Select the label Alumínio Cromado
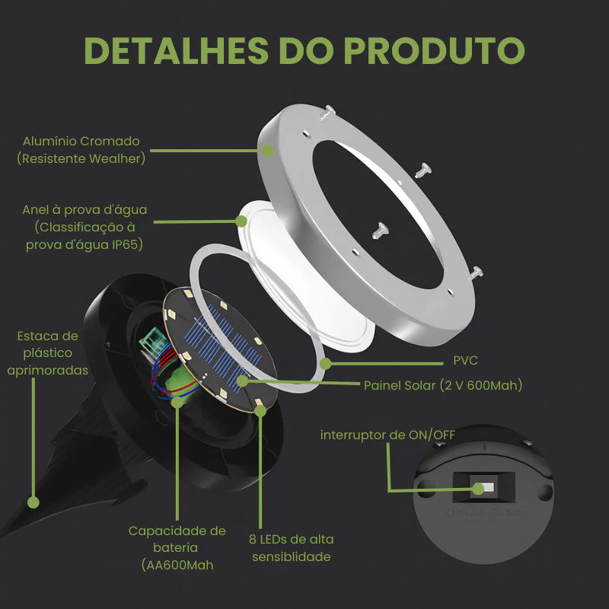pyautogui.click(x=81, y=141)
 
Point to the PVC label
pyautogui.click(x=464, y=360)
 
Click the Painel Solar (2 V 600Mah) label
pyautogui.click(x=442, y=385)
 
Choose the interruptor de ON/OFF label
pyautogui.click(x=387, y=434)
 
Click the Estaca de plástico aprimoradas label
pyautogui.click(x=47, y=352)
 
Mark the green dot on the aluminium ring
pyautogui.click(x=269, y=151)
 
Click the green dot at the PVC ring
pyautogui.click(x=326, y=363)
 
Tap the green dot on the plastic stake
pyautogui.click(x=33, y=502)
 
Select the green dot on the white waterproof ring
pyautogui.click(x=241, y=221)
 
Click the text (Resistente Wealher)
pyautogui.click(x=81, y=159)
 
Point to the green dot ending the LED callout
pyautogui.click(x=261, y=411)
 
